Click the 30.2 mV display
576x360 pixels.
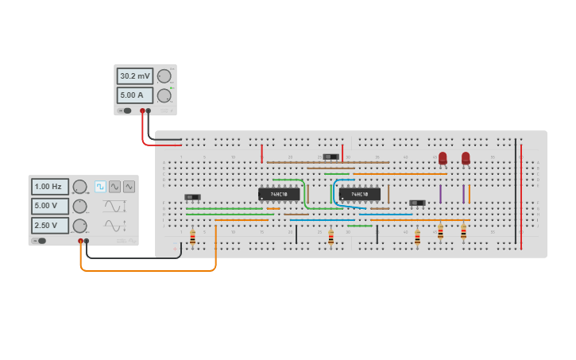pos(135,76)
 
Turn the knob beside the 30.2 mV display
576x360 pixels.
pos(164,76)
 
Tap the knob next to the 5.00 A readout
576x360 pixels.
pos(164,95)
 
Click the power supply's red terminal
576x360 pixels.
pos(142,111)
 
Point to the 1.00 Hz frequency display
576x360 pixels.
pos(50,187)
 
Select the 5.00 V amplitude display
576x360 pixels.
pos(50,206)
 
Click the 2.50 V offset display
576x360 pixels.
pos(50,225)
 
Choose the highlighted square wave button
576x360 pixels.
pos(100,187)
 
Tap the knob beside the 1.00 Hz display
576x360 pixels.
pos(79,187)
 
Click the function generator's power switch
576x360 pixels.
pos(38,240)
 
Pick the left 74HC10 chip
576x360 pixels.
pos(279,194)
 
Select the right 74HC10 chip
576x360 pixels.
pos(360,194)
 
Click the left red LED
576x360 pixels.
pos(443,158)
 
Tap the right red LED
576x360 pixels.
pos(466,158)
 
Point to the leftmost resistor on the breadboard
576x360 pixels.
pos(192,237)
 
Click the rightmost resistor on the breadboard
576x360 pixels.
pos(463,232)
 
